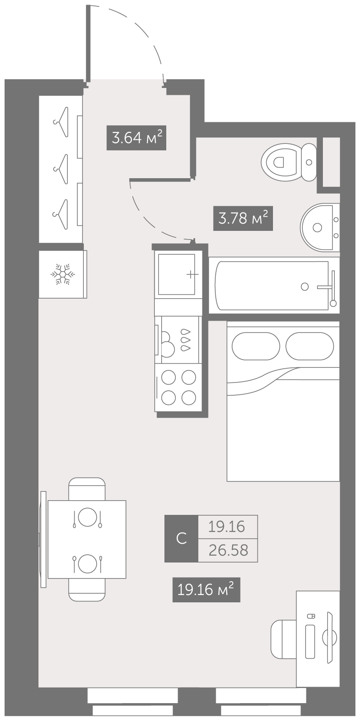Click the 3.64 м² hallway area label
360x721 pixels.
(136, 138)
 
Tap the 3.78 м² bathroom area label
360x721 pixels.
(243, 218)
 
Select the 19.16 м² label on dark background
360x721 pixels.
(206, 590)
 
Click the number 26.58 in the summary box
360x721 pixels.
(228, 551)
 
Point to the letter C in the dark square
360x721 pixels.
(182, 538)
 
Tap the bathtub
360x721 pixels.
(274, 285)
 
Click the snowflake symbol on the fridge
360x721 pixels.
(63, 274)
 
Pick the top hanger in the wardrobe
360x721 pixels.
(61, 122)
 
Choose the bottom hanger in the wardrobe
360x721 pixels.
(61, 214)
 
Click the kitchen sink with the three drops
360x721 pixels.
(178, 340)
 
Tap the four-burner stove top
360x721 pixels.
(178, 388)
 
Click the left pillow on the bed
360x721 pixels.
(256, 346)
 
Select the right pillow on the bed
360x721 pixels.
(310, 346)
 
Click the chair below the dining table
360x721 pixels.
(87, 590)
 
